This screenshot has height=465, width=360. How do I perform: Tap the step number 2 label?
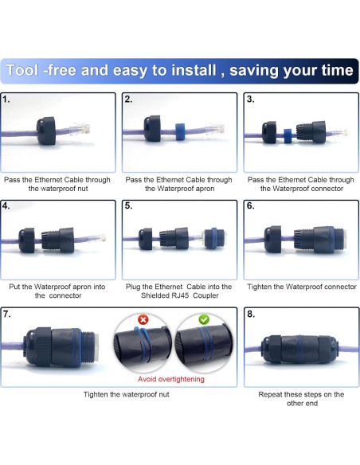pos(129,100)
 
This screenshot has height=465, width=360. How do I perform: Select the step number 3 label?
pos(251,100)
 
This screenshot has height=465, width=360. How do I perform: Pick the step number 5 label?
pos(129,206)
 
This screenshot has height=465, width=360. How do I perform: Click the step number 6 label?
pos(251,206)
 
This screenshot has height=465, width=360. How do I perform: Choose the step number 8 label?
pos(251,314)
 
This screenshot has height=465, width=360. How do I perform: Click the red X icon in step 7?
pos(143,319)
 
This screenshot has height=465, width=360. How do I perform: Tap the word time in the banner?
pos(334,70)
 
